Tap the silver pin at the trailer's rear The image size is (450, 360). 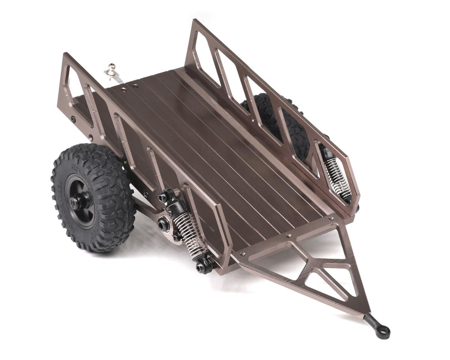(111, 69)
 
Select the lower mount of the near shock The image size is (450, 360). (202, 266)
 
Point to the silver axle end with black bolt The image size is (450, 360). (164, 224)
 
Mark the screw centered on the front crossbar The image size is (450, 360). (288, 236)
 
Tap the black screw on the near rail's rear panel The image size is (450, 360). (73, 120)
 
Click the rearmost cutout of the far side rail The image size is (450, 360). (204, 56)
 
